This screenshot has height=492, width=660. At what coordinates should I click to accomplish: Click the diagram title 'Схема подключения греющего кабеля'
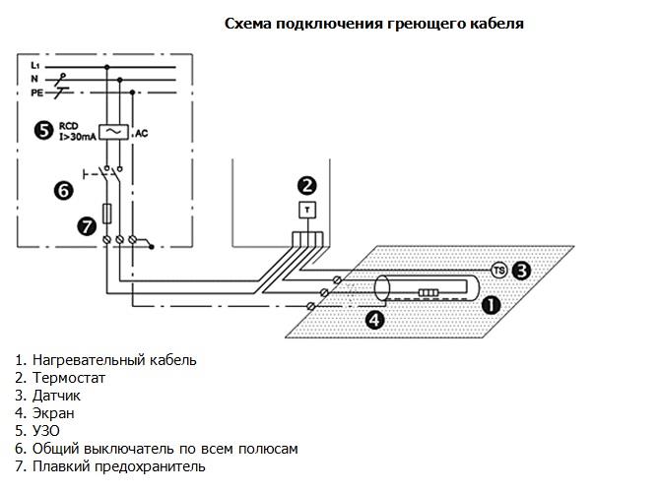coord(373,24)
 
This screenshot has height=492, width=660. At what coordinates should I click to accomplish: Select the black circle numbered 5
coord(42,129)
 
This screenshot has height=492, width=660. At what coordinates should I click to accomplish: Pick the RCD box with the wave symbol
coord(113,132)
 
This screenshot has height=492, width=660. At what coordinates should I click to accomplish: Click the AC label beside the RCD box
coord(141,131)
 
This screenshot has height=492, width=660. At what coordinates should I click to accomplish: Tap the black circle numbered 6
coord(61,191)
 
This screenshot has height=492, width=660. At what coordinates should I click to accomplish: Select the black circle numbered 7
coord(86,226)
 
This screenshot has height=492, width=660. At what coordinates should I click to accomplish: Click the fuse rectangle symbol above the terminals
coord(107,213)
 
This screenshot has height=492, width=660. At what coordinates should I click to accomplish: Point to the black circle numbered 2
coord(307,184)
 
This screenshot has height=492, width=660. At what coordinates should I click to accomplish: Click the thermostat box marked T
coord(307,210)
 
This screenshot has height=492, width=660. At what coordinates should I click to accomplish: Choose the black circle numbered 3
coord(522,270)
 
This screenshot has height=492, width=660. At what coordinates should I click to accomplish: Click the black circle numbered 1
coord(490,305)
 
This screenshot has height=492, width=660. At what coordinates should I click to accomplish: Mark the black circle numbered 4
coord(374,319)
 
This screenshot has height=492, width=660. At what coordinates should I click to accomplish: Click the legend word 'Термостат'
coord(68,378)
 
